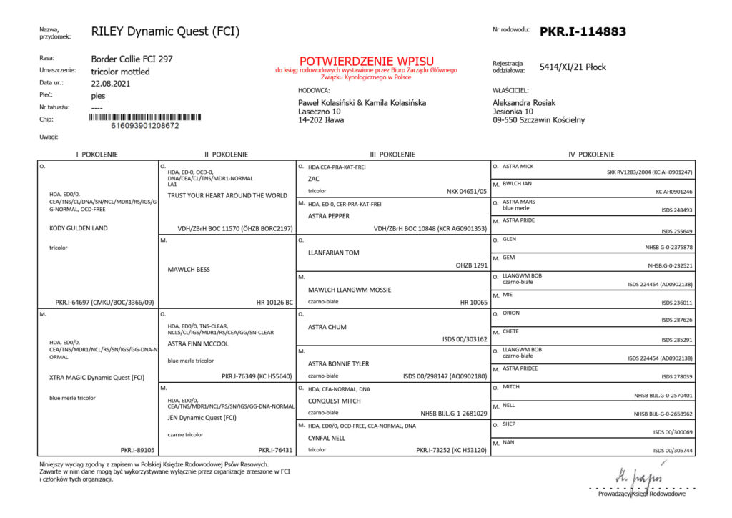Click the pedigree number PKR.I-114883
[583, 31]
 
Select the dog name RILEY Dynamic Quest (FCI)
[165, 31]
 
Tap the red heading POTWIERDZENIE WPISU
[367, 61]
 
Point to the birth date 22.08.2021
[111, 83]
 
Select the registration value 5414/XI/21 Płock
[573, 67]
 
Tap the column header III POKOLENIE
[393, 154]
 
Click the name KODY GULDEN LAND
[78, 228]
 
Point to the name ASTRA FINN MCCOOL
[198, 343]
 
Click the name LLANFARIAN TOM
[333, 253]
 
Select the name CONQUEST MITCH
[334, 401]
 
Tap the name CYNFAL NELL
[327, 438]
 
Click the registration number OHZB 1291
[471, 265]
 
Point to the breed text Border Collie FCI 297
[132, 59]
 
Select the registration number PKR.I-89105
[138, 450]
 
